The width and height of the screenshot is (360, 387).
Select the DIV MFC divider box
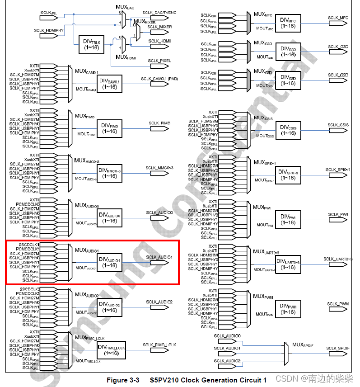[288, 23]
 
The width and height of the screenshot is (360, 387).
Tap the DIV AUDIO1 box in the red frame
[109, 263]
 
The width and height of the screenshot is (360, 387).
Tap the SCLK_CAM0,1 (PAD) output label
[159, 79]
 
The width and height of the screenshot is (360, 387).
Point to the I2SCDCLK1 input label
[29, 245]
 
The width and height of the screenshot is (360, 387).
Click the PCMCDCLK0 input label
[28, 204]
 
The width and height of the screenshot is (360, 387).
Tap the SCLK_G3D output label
[338, 47]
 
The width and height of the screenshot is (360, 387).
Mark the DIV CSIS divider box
[288, 130]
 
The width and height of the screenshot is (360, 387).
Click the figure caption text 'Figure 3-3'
[122, 380]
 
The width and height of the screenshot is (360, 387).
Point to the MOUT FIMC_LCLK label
[88, 360]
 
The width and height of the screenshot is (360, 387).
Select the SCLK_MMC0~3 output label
[159, 168]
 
